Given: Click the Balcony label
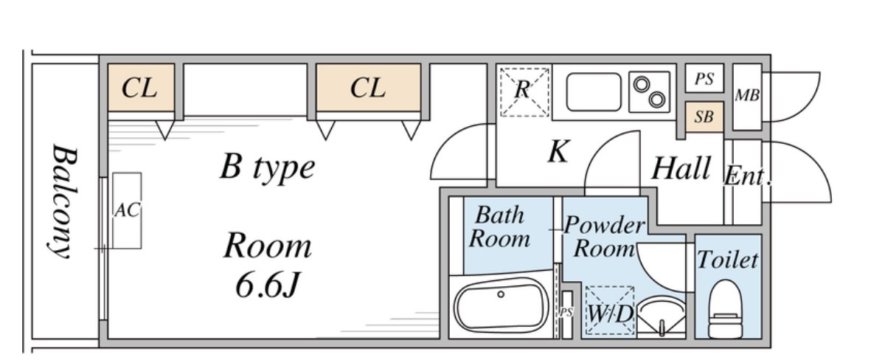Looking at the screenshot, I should pyautogui.click(x=65, y=201).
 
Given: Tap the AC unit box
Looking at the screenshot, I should pyautogui.click(x=126, y=210).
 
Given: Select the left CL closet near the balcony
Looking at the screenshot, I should pyautogui.click(x=140, y=89).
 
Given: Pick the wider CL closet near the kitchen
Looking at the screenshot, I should pyautogui.click(x=368, y=89).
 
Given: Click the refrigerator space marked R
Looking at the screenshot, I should pyautogui.click(x=523, y=91).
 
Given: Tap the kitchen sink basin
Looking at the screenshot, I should pyautogui.click(x=593, y=91).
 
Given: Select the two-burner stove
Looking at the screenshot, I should pyautogui.click(x=650, y=91).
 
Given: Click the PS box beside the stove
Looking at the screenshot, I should pyautogui.click(x=704, y=79).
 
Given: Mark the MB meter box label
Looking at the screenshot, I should pyautogui.click(x=746, y=96).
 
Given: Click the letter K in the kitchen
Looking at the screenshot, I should pyautogui.click(x=558, y=153).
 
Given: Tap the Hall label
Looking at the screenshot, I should pyautogui.click(x=681, y=170).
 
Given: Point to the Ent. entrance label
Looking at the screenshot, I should pyautogui.click(x=747, y=177).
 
